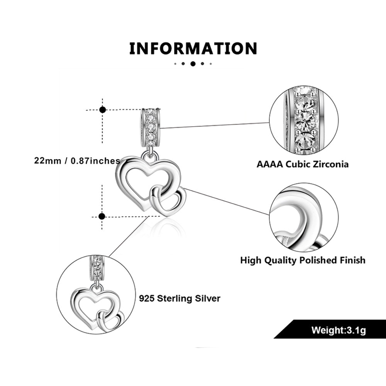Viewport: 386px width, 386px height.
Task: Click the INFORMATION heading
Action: (x=193, y=49)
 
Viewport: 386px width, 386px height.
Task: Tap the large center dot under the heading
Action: (x=193, y=64)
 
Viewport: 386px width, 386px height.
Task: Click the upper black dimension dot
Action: (x=103, y=110)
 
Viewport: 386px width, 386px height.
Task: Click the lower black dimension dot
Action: (x=102, y=216)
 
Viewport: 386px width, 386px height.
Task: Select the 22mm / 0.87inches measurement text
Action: (x=77, y=161)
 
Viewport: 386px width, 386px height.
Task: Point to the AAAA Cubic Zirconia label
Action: (x=303, y=164)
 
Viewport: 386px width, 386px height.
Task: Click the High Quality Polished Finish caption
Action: (x=303, y=260)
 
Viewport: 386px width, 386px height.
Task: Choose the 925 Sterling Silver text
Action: (x=179, y=298)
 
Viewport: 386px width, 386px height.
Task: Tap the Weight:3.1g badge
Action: (x=338, y=330)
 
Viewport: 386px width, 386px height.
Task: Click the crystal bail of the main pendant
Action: (x=150, y=125)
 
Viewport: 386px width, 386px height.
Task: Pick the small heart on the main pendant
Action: (x=170, y=201)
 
